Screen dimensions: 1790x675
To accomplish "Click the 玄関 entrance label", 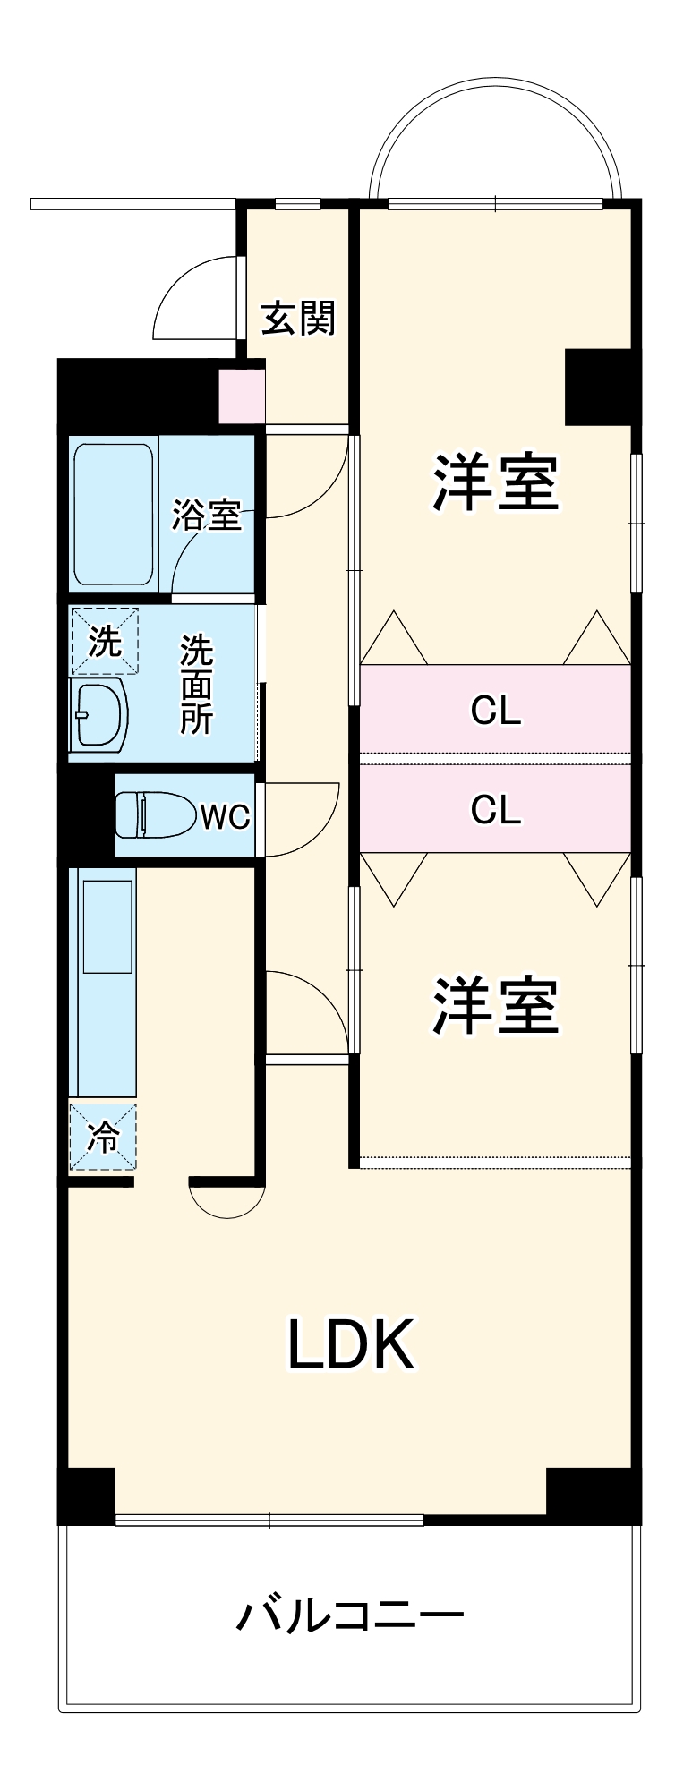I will (298, 318).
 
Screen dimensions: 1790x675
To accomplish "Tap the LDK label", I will (350, 1344).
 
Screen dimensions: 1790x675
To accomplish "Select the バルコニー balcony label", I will (350, 1616).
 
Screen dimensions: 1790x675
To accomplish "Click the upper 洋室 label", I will (496, 483).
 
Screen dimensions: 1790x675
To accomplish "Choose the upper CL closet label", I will (496, 712).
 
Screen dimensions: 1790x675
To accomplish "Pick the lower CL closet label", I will (496, 810).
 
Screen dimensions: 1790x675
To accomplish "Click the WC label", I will (225, 816).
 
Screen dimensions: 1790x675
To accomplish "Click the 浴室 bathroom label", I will (207, 515).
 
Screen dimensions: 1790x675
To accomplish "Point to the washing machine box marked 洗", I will (105, 641).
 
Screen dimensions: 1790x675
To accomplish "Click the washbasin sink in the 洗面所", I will (100, 714).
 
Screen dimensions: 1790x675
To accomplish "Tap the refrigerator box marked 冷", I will (104, 1137).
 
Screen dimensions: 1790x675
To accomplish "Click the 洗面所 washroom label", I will (196, 685).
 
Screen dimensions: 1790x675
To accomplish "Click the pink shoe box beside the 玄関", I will (243, 395).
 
